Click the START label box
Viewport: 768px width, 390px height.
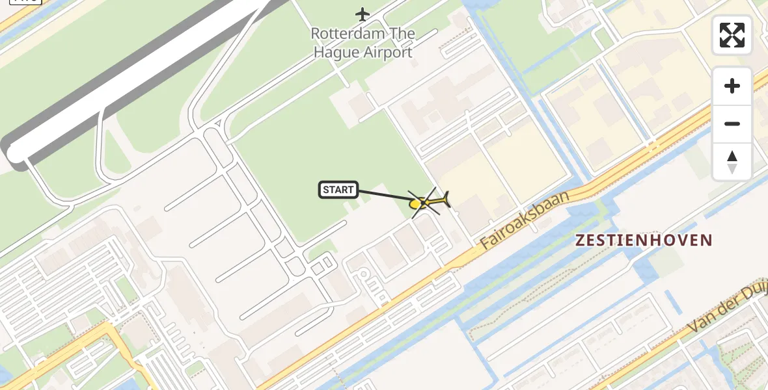click(338, 190)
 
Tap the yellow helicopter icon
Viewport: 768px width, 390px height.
click(427, 203)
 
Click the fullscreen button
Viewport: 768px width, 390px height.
click(732, 35)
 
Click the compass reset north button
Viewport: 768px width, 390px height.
click(732, 162)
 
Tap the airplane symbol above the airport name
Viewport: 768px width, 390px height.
click(363, 14)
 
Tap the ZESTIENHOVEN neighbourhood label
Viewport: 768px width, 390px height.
click(644, 240)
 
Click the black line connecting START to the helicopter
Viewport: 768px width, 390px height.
click(384, 195)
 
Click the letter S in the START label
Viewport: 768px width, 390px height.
click(326, 190)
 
